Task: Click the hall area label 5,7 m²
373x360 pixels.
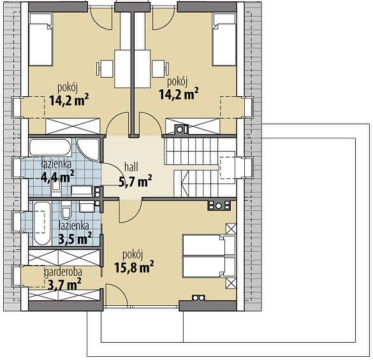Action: [x=135, y=182]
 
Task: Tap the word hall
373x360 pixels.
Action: [x=131, y=167]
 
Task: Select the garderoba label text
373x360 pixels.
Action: [x=63, y=272]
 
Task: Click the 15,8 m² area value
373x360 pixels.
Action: [x=134, y=267]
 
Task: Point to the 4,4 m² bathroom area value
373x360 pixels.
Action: [x=57, y=176]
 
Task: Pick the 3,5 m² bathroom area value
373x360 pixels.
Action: [x=75, y=238]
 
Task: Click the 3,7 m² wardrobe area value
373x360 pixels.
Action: [x=64, y=284]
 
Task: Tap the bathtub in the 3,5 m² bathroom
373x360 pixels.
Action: [x=42, y=223]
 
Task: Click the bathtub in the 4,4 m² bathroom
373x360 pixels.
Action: [x=50, y=147]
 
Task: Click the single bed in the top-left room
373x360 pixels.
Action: [x=40, y=40]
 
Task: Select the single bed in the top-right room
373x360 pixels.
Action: [x=224, y=40]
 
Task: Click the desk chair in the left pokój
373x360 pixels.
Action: [x=105, y=69]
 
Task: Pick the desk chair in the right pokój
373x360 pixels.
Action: [x=161, y=69]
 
